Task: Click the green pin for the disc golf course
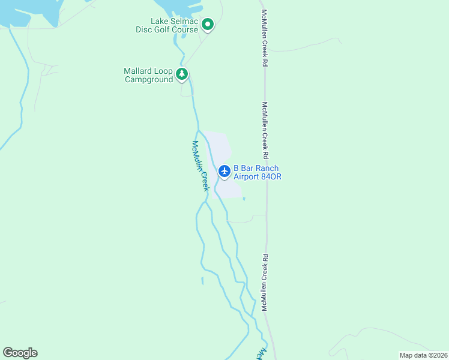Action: tap(208, 25)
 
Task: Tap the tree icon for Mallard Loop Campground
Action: tap(182, 74)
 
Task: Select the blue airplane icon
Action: tap(224, 172)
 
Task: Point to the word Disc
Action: tap(144, 30)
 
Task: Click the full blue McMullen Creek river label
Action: tap(200, 166)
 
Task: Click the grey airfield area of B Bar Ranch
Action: tap(219, 147)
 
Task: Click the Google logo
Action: tap(20, 353)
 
